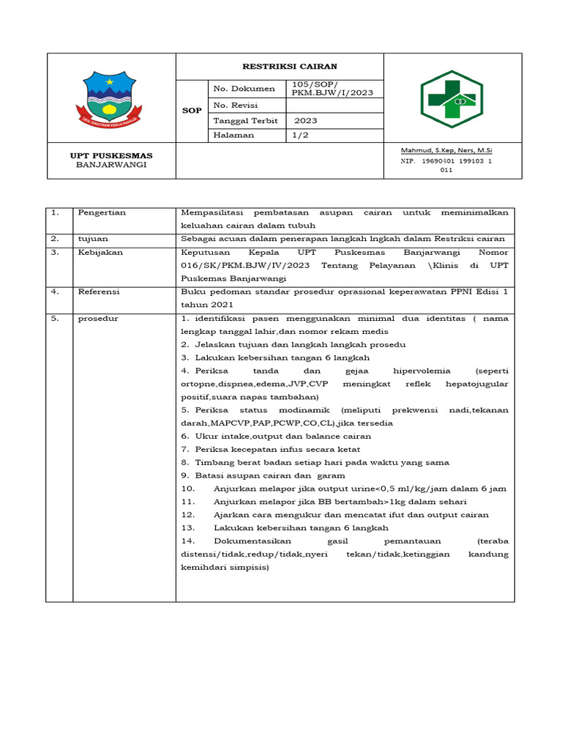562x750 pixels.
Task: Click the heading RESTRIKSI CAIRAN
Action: (280, 67)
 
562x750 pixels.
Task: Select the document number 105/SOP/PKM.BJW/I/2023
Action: (327, 89)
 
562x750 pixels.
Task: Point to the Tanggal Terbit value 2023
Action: (306, 121)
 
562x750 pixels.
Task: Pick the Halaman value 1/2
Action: (300, 135)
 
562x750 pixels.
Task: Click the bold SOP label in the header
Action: (192, 111)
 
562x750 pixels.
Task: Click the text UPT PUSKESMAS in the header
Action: (111, 155)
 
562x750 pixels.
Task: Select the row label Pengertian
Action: (102, 212)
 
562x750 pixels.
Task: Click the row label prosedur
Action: (98, 319)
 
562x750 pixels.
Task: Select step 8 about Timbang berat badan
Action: (315, 462)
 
